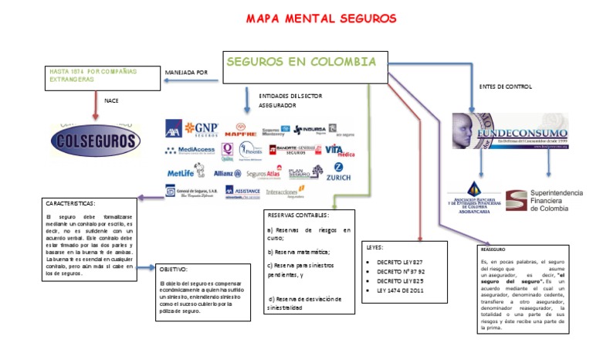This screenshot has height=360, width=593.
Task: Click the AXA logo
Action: [173, 127]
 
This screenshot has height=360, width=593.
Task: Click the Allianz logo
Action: [228, 173]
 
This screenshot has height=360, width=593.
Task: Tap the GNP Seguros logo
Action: [202, 128]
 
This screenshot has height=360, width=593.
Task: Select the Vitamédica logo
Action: [339, 149]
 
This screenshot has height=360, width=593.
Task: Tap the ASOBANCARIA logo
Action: [473, 199]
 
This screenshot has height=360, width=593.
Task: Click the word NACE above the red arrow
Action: [111, 99]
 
